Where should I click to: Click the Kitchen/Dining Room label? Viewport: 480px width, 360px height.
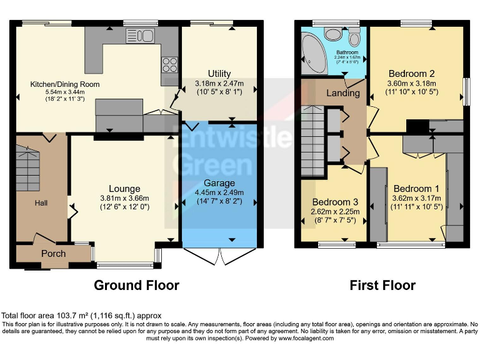pyautogui.click(x=65, y=84)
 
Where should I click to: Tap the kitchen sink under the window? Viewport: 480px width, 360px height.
pyautogui.click(x=136, y=35)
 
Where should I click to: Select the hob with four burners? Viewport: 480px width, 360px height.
pyautogui.click(x=169, y=64)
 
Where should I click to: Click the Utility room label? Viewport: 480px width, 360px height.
pyautogui.click(x=219, y=74)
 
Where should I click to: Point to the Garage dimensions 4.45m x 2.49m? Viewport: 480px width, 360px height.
pyautogui.click(x=219, y=192)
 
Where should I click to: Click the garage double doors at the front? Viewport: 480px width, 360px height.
pyautogui.click(x=219, y=256)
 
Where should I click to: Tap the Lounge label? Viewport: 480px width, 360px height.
pyautogui.click(x=124, y=189)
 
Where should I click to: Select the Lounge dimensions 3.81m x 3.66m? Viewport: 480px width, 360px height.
pyautogui.click(x=124, y=198)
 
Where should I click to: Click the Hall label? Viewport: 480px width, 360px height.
pyautogui.click(x=41, y=202)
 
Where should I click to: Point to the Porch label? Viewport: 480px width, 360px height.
pyautogui.click(x=53, y=254)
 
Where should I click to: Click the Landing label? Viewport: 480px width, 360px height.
pyautogui.click(x=343, y=93)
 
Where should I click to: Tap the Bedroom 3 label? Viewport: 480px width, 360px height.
pyautogui.click(x=335, y=202)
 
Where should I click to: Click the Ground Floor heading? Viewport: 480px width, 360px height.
pyautogui.click(x=136, y=286)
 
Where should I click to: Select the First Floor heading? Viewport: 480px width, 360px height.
pyautogui.click(x=383, y=286)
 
